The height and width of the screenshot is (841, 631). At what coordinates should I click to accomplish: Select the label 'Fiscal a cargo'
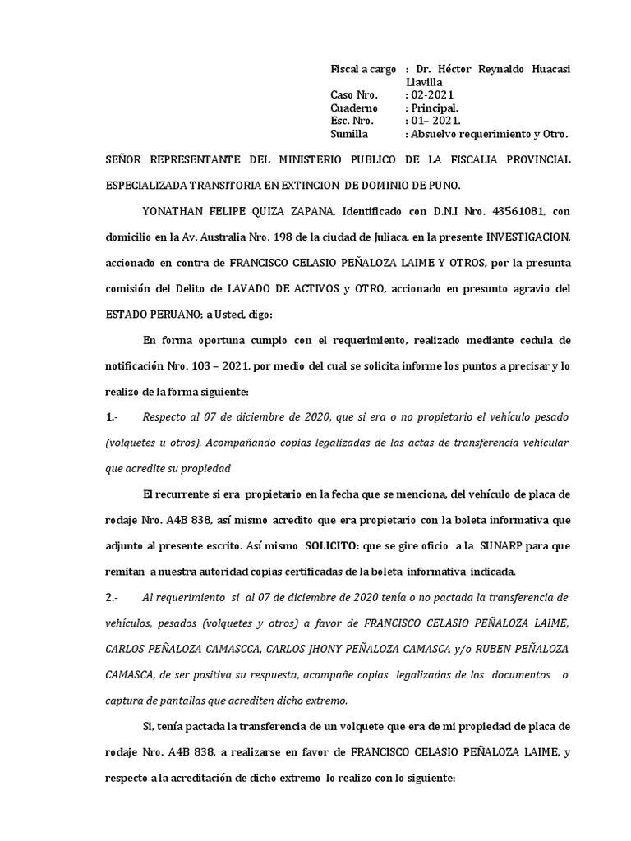[363, 70]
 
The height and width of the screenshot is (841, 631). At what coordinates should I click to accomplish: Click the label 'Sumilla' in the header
[349, 133]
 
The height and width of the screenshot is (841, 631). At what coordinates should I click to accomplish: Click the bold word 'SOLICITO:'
[336, 545]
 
